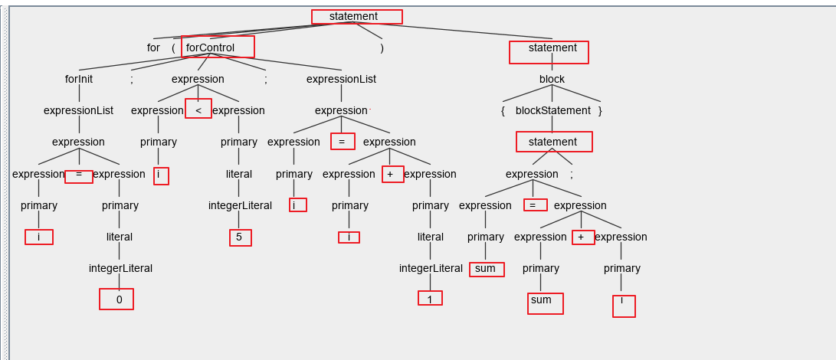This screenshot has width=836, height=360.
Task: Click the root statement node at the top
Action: click(354, 17)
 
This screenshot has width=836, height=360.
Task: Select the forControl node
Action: click(211, 47)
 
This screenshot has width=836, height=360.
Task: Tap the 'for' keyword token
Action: click(153, 47)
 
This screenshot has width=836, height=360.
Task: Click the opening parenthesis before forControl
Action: click(173, 47)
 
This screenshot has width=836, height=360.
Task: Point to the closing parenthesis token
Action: click(382, 47)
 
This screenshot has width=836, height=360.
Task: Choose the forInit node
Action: click(79, 79)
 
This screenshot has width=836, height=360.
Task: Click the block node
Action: click(552, 79)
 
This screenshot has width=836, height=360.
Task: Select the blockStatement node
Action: click(553, 110)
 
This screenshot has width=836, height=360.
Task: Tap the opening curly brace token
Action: click(503, 110)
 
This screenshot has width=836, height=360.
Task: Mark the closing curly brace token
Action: click(600, 110)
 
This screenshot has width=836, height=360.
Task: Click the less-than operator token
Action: click(198, 110)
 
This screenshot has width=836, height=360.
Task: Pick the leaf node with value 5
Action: click(239, 237)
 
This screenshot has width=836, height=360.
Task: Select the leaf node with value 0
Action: click(119, 299)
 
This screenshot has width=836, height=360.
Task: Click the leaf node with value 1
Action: click(430, 299)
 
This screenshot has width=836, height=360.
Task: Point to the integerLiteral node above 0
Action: click(120, 268)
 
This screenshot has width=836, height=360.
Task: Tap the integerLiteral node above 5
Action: click(240, 205)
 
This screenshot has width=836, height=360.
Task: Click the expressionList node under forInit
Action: click(78, 110)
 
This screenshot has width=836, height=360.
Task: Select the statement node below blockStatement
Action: click(552, 142)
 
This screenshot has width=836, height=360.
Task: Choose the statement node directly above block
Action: click(552, 47)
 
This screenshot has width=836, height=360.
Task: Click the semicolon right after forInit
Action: click(131, 79)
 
